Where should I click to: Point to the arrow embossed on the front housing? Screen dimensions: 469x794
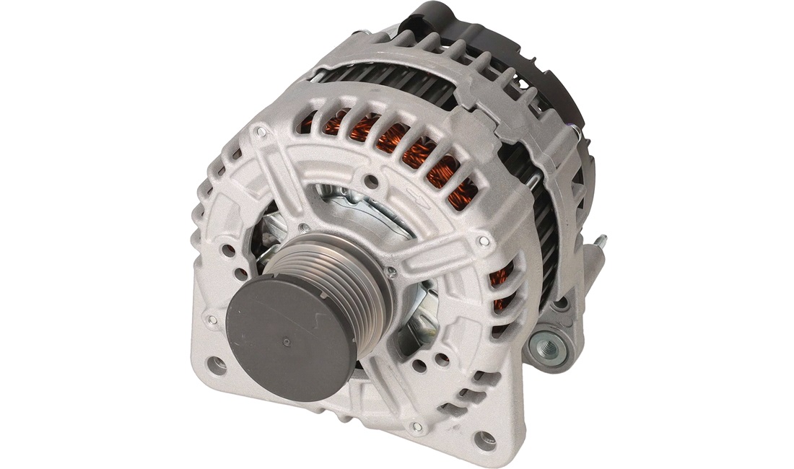[x=416, y=196]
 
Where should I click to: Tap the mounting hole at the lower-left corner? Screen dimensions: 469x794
[x=216, y=364]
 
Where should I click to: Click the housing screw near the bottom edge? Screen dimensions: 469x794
[x=415, y=427]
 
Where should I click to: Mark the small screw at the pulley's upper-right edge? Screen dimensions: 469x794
[x=392, y=271]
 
